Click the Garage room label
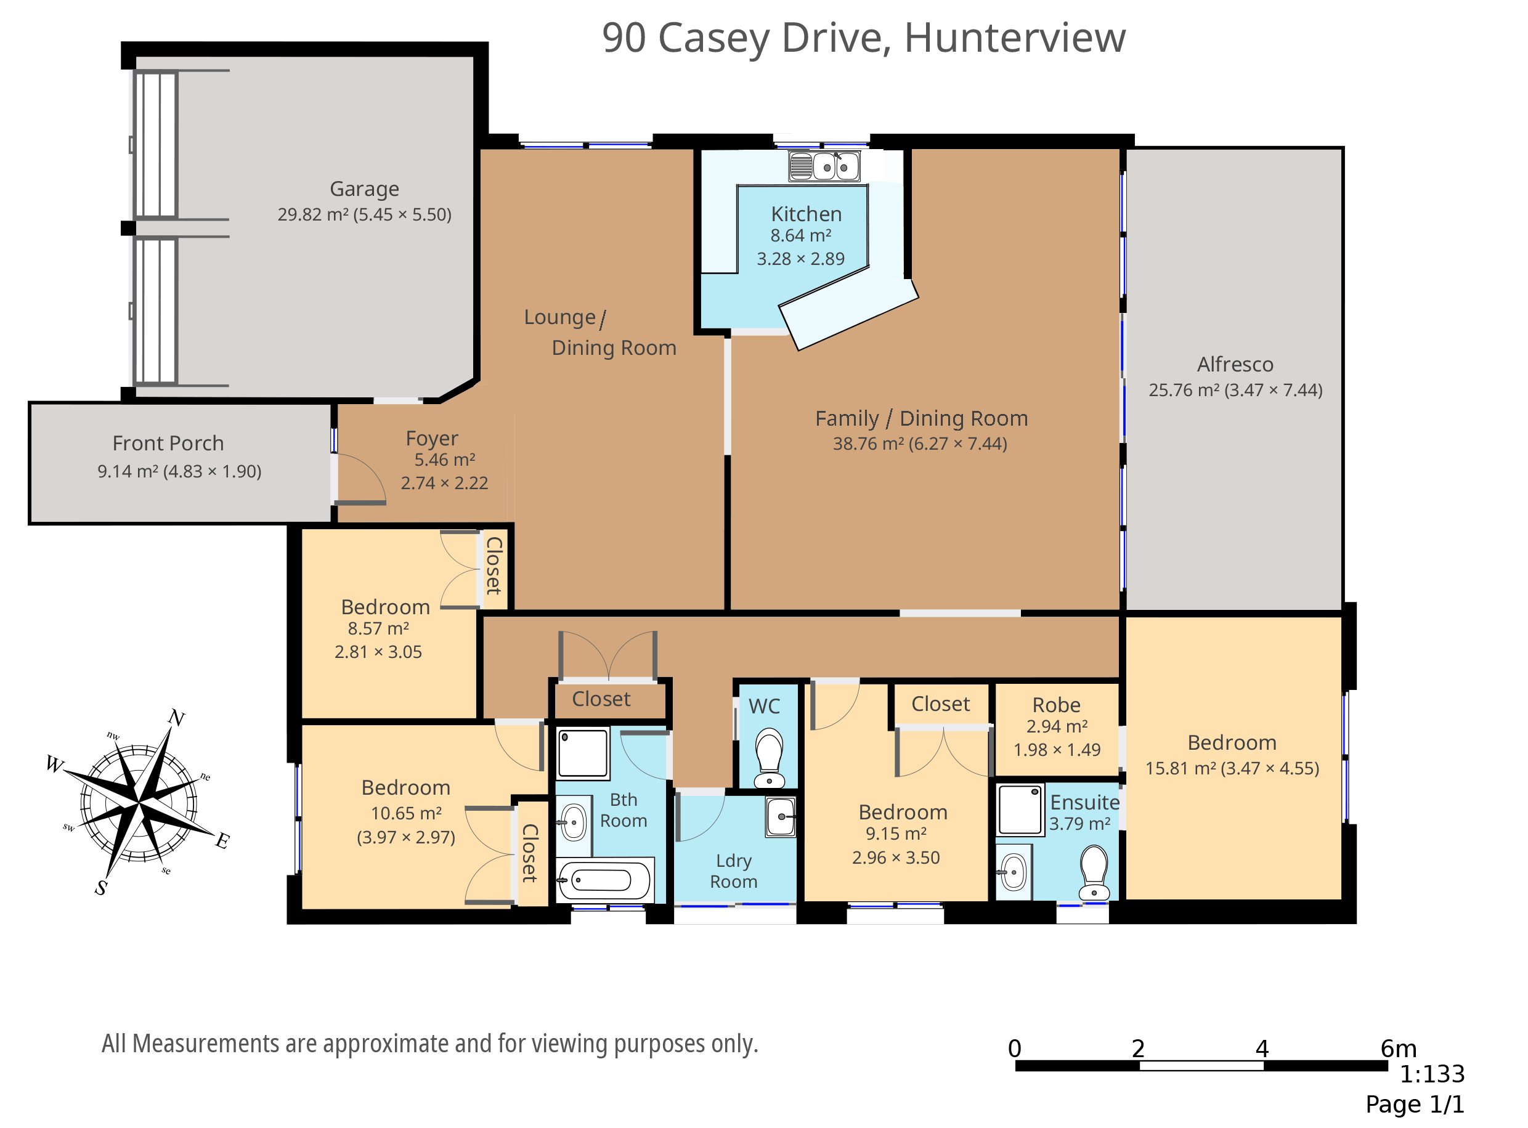click(365, 189)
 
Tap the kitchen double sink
click(825, 166)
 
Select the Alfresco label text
click(1236, 365)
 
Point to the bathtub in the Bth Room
click(604, 880)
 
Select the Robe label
click(1057, 705)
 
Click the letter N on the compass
click(177, 718)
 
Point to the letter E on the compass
click(222, 840)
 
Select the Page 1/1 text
click(1415, 1105)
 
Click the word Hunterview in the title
click(1015, 38)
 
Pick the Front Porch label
click(168, 444)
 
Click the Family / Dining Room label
click(922, 418)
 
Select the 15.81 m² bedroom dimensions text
click(1232, 769)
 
